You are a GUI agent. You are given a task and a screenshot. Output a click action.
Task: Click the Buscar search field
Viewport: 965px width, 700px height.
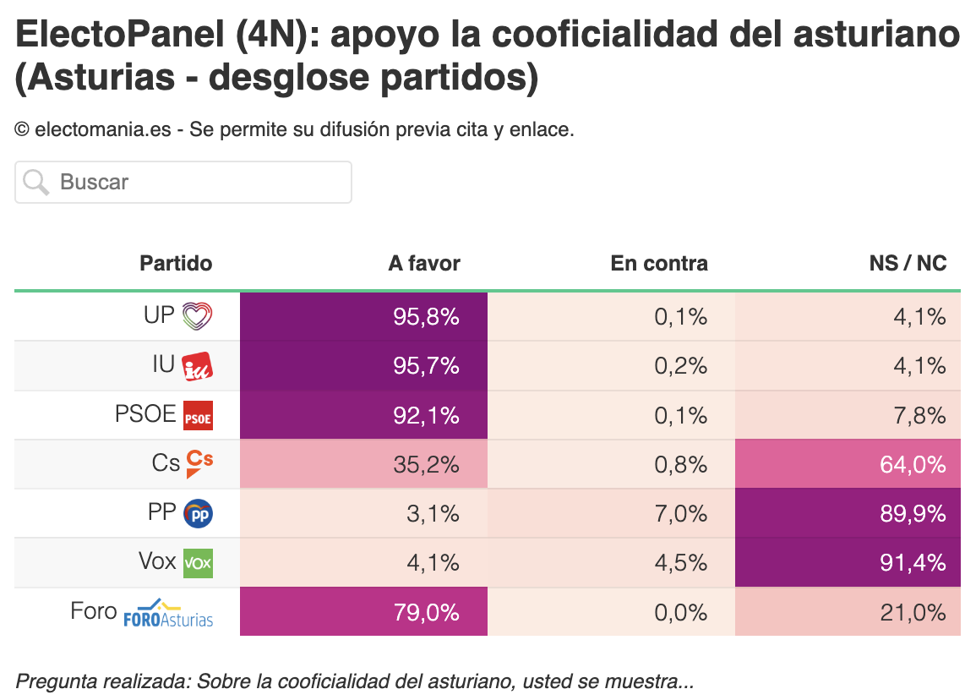tap(183, 183)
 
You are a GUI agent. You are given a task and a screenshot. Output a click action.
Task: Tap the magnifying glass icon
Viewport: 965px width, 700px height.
tap(35, 183)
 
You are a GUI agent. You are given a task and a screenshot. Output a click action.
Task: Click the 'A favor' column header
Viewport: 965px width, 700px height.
tap(424, 264)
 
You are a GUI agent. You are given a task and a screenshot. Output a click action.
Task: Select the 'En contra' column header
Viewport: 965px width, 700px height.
tap(659, 264)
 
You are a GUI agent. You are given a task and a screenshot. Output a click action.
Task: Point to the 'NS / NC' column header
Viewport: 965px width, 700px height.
tap(908, 264)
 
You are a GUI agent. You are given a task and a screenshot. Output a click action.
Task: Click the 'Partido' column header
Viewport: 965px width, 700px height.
tap(176, 264)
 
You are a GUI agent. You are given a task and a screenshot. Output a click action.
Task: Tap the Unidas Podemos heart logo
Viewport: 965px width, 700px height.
tap(198, 316)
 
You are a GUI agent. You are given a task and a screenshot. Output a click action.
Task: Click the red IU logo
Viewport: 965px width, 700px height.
tap(198, 366)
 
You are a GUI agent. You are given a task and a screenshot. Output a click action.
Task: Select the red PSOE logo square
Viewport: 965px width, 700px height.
tap(199, 416)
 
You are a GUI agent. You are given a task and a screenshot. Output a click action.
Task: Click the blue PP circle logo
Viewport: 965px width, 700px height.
tap(199, 514)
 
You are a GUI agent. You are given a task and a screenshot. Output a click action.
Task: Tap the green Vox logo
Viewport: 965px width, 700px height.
tap(199, 563)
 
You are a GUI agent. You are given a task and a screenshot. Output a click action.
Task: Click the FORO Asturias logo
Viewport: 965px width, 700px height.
tap(168, 613)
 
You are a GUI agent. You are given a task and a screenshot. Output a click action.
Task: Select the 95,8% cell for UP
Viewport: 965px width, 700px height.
tap(363, 316)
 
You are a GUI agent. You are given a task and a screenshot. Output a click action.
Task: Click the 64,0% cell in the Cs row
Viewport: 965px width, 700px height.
tap(848, 464)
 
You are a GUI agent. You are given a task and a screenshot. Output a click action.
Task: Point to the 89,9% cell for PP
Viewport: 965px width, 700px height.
tap(848, 513)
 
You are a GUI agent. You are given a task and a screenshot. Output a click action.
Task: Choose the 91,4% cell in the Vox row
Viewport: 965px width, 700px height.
tap(848, 563)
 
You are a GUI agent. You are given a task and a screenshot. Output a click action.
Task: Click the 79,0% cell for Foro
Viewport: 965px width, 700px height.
tap(363, 612)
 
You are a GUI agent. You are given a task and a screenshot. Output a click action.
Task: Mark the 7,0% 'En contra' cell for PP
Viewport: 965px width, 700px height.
tap(611, 513)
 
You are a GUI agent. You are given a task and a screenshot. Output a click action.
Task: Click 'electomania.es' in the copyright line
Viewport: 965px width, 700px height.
tap(103, 130)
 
